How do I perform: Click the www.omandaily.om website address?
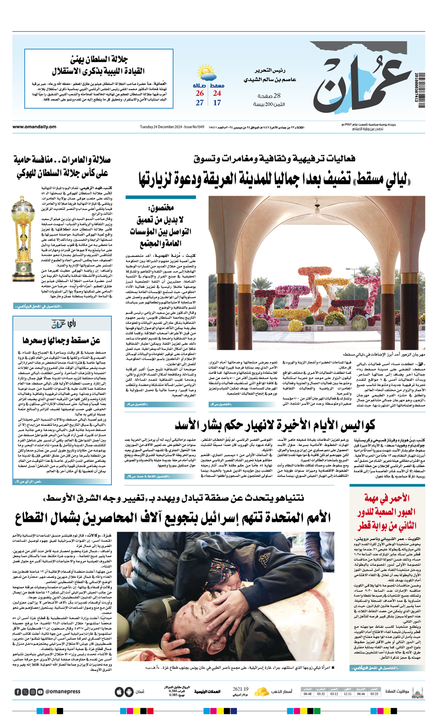tap(34, 127)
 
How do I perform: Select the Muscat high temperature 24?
tap(217, 93)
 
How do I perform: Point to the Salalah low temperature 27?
tap(200, 103)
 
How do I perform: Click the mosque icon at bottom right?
tap(417, 692)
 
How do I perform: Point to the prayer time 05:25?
tap(374, 694)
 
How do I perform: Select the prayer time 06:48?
tap(308, 694)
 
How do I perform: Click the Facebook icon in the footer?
tap(18, 692)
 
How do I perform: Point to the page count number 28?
tap(277, 96)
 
